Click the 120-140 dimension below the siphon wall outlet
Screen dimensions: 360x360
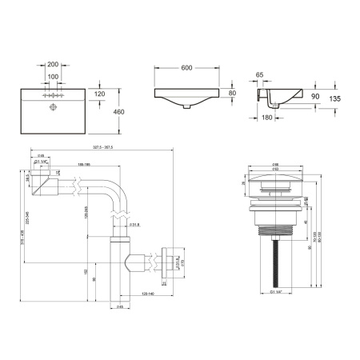click(x=149, y=295)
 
